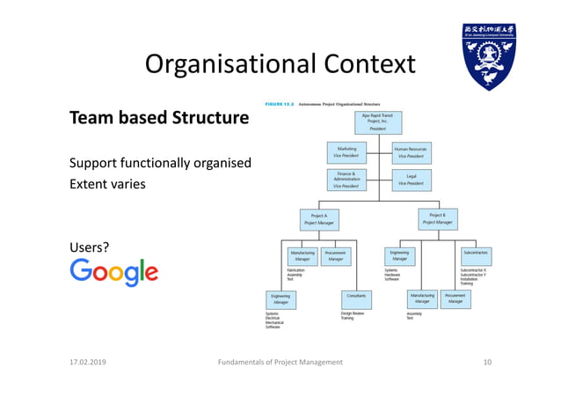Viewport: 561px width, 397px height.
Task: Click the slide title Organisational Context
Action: click(x=280, y=63)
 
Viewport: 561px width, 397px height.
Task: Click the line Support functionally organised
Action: click(x=161, y=163)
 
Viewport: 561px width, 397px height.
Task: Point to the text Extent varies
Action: click(x=108, y=185)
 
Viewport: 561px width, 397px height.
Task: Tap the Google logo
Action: click(x=114, y=272)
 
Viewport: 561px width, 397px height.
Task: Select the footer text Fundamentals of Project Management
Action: click(x=280, y=362)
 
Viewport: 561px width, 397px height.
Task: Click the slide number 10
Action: click(x=488, y=362)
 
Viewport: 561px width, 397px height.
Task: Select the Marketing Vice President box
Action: click(x=346, y=152)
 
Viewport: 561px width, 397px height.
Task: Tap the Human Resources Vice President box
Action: click(x=410, y=152)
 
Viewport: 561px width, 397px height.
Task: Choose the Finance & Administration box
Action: click(x=346, y=180)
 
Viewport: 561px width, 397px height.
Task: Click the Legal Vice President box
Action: click(x=410, y=180)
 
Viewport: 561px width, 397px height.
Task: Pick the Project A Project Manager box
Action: click(x=318, y=219)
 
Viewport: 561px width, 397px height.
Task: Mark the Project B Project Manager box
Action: click(x=437, y=218)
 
